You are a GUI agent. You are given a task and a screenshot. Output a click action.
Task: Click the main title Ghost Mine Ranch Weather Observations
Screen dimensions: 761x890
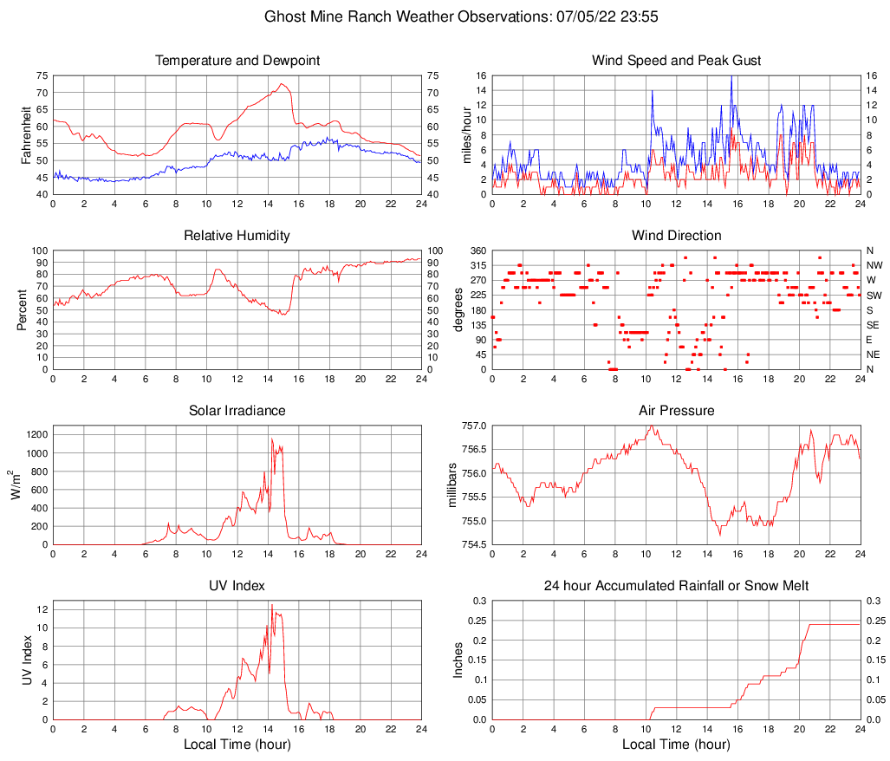coord(444,16)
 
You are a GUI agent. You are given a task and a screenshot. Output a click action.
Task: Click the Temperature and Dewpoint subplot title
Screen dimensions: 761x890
coord(237,61)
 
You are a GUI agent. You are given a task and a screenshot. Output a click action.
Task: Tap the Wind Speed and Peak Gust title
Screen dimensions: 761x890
coord(676,61)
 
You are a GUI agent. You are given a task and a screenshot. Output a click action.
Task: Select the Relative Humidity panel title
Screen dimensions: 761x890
coord(237,236)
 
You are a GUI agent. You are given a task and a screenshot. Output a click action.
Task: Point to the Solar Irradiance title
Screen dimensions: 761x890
coord(237,410)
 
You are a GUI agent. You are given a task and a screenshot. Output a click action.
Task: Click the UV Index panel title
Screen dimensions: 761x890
coord(237,586)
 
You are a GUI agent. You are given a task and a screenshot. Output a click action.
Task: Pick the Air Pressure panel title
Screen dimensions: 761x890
coord(676,410)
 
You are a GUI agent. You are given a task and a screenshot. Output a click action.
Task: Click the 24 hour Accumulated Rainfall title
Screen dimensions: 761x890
coord(676,586)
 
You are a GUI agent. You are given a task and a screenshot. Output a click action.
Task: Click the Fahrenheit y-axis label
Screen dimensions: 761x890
coord(24,134)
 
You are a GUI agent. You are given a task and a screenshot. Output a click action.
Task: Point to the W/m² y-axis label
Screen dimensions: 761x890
coord(16,485)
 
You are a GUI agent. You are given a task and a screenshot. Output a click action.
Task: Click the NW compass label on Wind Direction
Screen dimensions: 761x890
coord(874,265)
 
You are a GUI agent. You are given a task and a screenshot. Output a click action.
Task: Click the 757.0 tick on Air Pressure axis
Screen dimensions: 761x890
coord(472,426)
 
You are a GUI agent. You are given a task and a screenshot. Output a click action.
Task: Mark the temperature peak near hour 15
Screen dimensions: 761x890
coord(283,84)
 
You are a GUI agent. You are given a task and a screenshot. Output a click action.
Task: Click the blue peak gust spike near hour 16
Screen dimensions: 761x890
coord(731,76)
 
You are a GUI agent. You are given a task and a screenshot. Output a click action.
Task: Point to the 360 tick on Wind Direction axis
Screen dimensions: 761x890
coord(476,250)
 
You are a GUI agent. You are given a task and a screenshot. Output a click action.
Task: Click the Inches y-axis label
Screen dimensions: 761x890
coord(459,659)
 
